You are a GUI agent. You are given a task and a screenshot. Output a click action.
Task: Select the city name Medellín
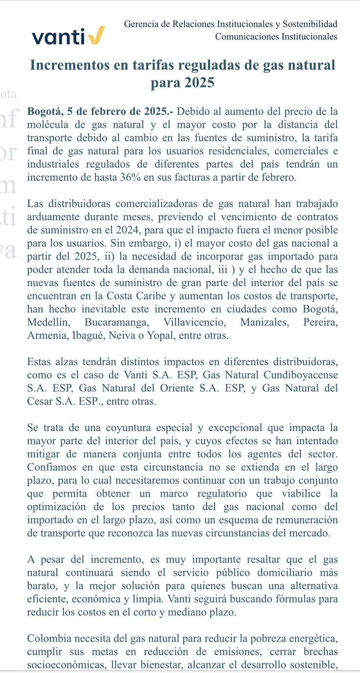[49, 322]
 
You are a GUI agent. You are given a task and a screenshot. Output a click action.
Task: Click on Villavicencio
[195, 322]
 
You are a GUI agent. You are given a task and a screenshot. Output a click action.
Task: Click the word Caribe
[150, 296]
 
